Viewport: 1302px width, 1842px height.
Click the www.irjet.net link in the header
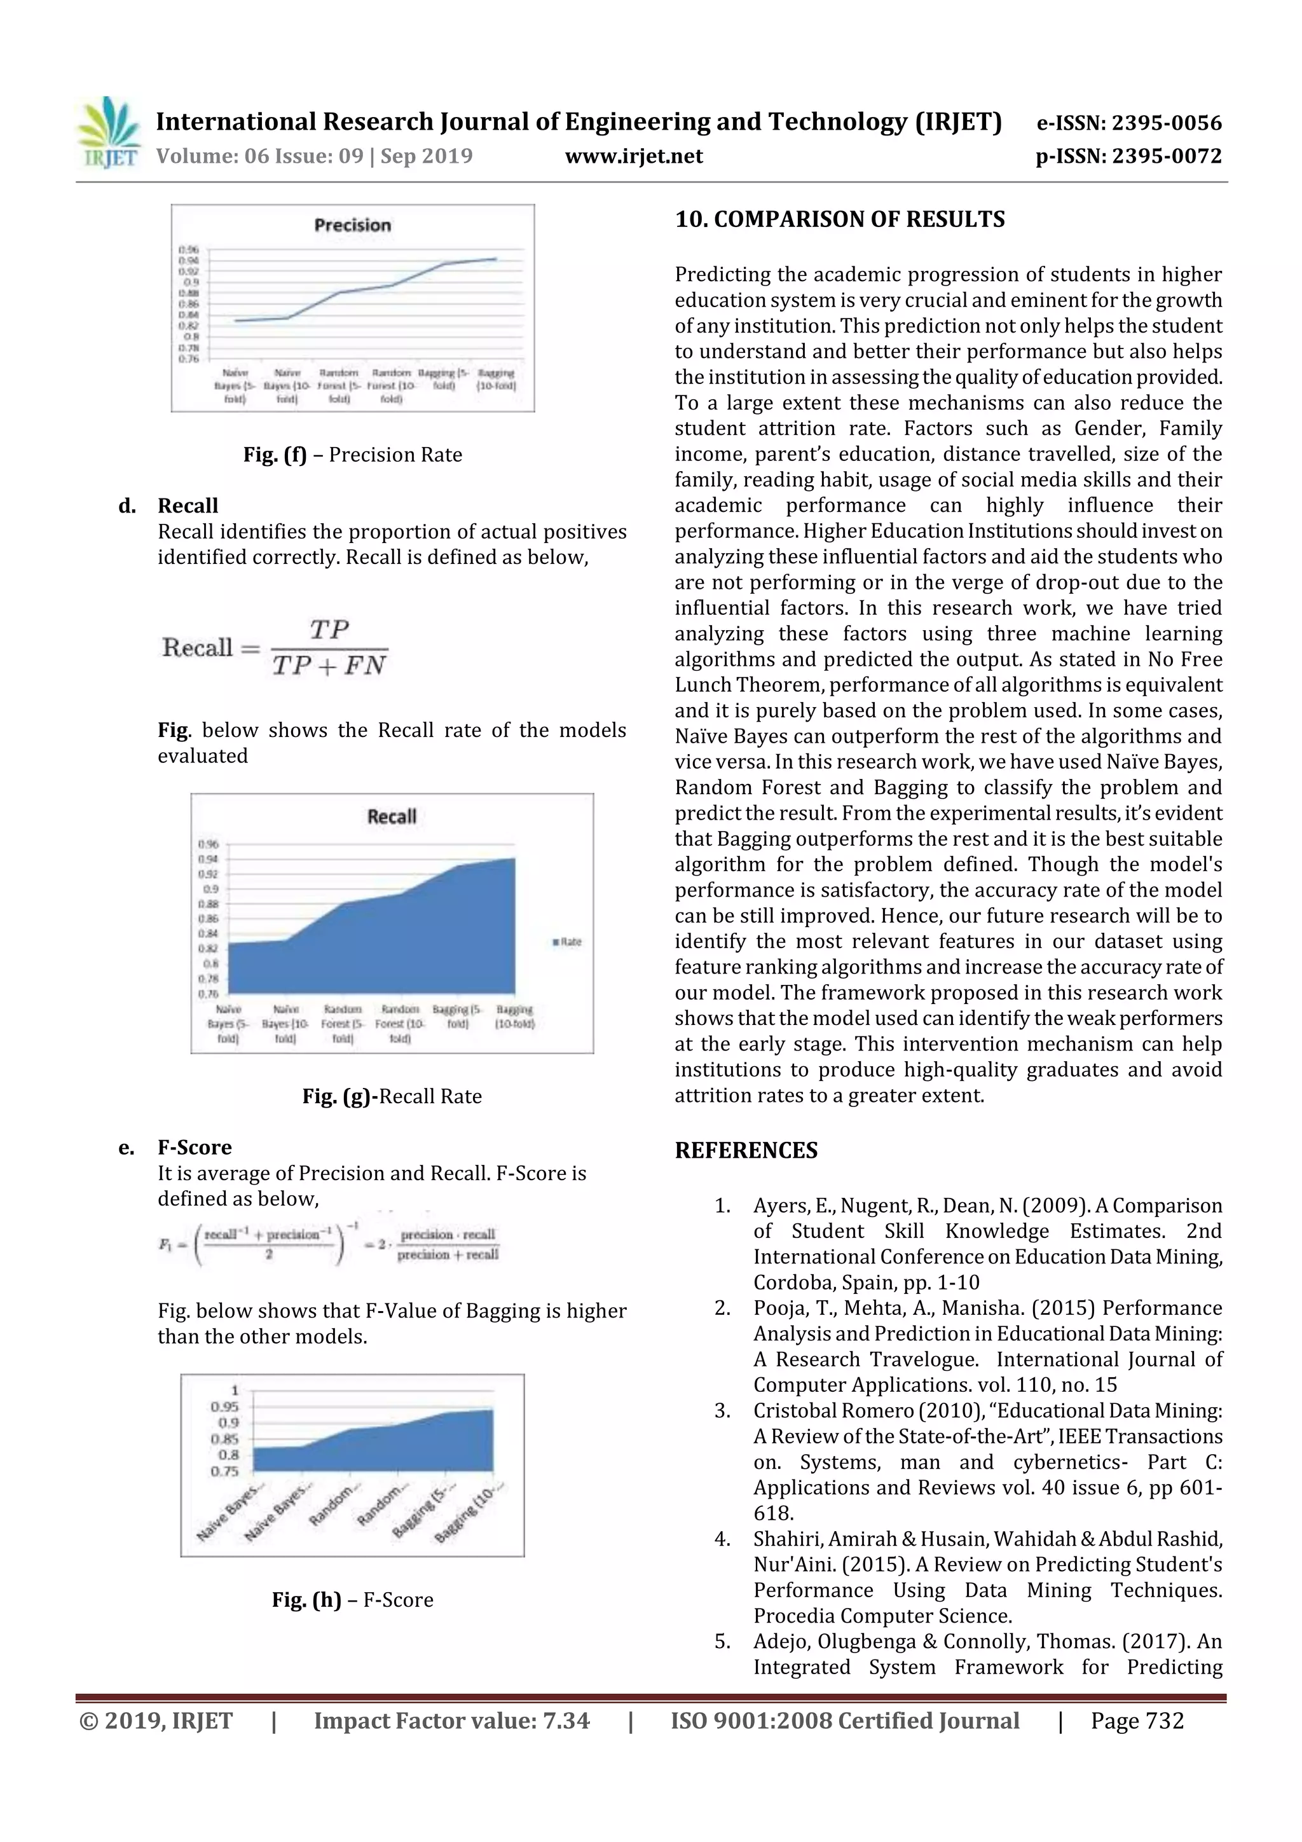634,156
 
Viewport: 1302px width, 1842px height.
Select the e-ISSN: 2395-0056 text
1128,123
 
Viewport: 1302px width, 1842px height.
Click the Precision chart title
352,226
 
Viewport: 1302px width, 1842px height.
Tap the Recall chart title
392,816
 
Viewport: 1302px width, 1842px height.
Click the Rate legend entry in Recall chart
567,942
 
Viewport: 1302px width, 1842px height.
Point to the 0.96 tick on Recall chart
208,844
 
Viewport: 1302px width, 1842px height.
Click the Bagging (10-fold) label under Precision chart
496,380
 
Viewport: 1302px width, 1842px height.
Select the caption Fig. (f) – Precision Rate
352,455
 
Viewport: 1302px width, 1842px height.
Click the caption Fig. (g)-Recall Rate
392,1097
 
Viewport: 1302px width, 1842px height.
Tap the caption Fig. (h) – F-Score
352,1600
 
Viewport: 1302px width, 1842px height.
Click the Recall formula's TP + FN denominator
329,666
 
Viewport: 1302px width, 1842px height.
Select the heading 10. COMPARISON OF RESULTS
839,220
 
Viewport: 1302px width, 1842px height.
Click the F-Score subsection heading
194,1147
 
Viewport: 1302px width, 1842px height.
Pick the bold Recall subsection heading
188,506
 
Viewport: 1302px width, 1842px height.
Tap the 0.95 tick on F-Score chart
224,1407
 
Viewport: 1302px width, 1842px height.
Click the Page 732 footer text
1137,1720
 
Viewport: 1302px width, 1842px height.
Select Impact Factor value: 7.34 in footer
451,1720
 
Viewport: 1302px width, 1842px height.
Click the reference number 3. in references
722,1410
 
